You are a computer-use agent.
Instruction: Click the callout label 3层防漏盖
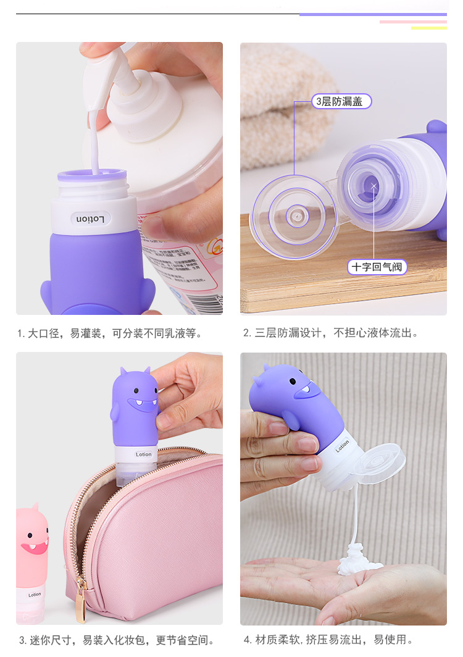[x=341, y=101]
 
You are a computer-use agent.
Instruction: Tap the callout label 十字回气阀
[x=377, y=267]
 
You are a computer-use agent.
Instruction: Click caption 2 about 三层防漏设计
[x=331, y=333]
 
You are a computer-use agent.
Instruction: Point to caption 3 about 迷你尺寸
[x=117, y=640]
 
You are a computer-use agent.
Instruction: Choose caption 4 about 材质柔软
[x=328, y=640]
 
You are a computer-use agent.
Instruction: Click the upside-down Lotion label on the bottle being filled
[x=91, y=219]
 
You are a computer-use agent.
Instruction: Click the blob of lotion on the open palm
[x=358, y=560]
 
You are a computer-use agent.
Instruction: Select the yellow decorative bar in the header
[x=428, y=28]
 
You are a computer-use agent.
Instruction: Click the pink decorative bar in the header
[x=413, y=22]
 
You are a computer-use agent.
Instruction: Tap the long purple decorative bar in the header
[x=373, y=15]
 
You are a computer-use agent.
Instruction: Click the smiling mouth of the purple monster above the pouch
[x=142, y=405]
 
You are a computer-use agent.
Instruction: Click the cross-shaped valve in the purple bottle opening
[x=373, y=186]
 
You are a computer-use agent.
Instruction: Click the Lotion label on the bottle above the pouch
[x=144, y=454]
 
